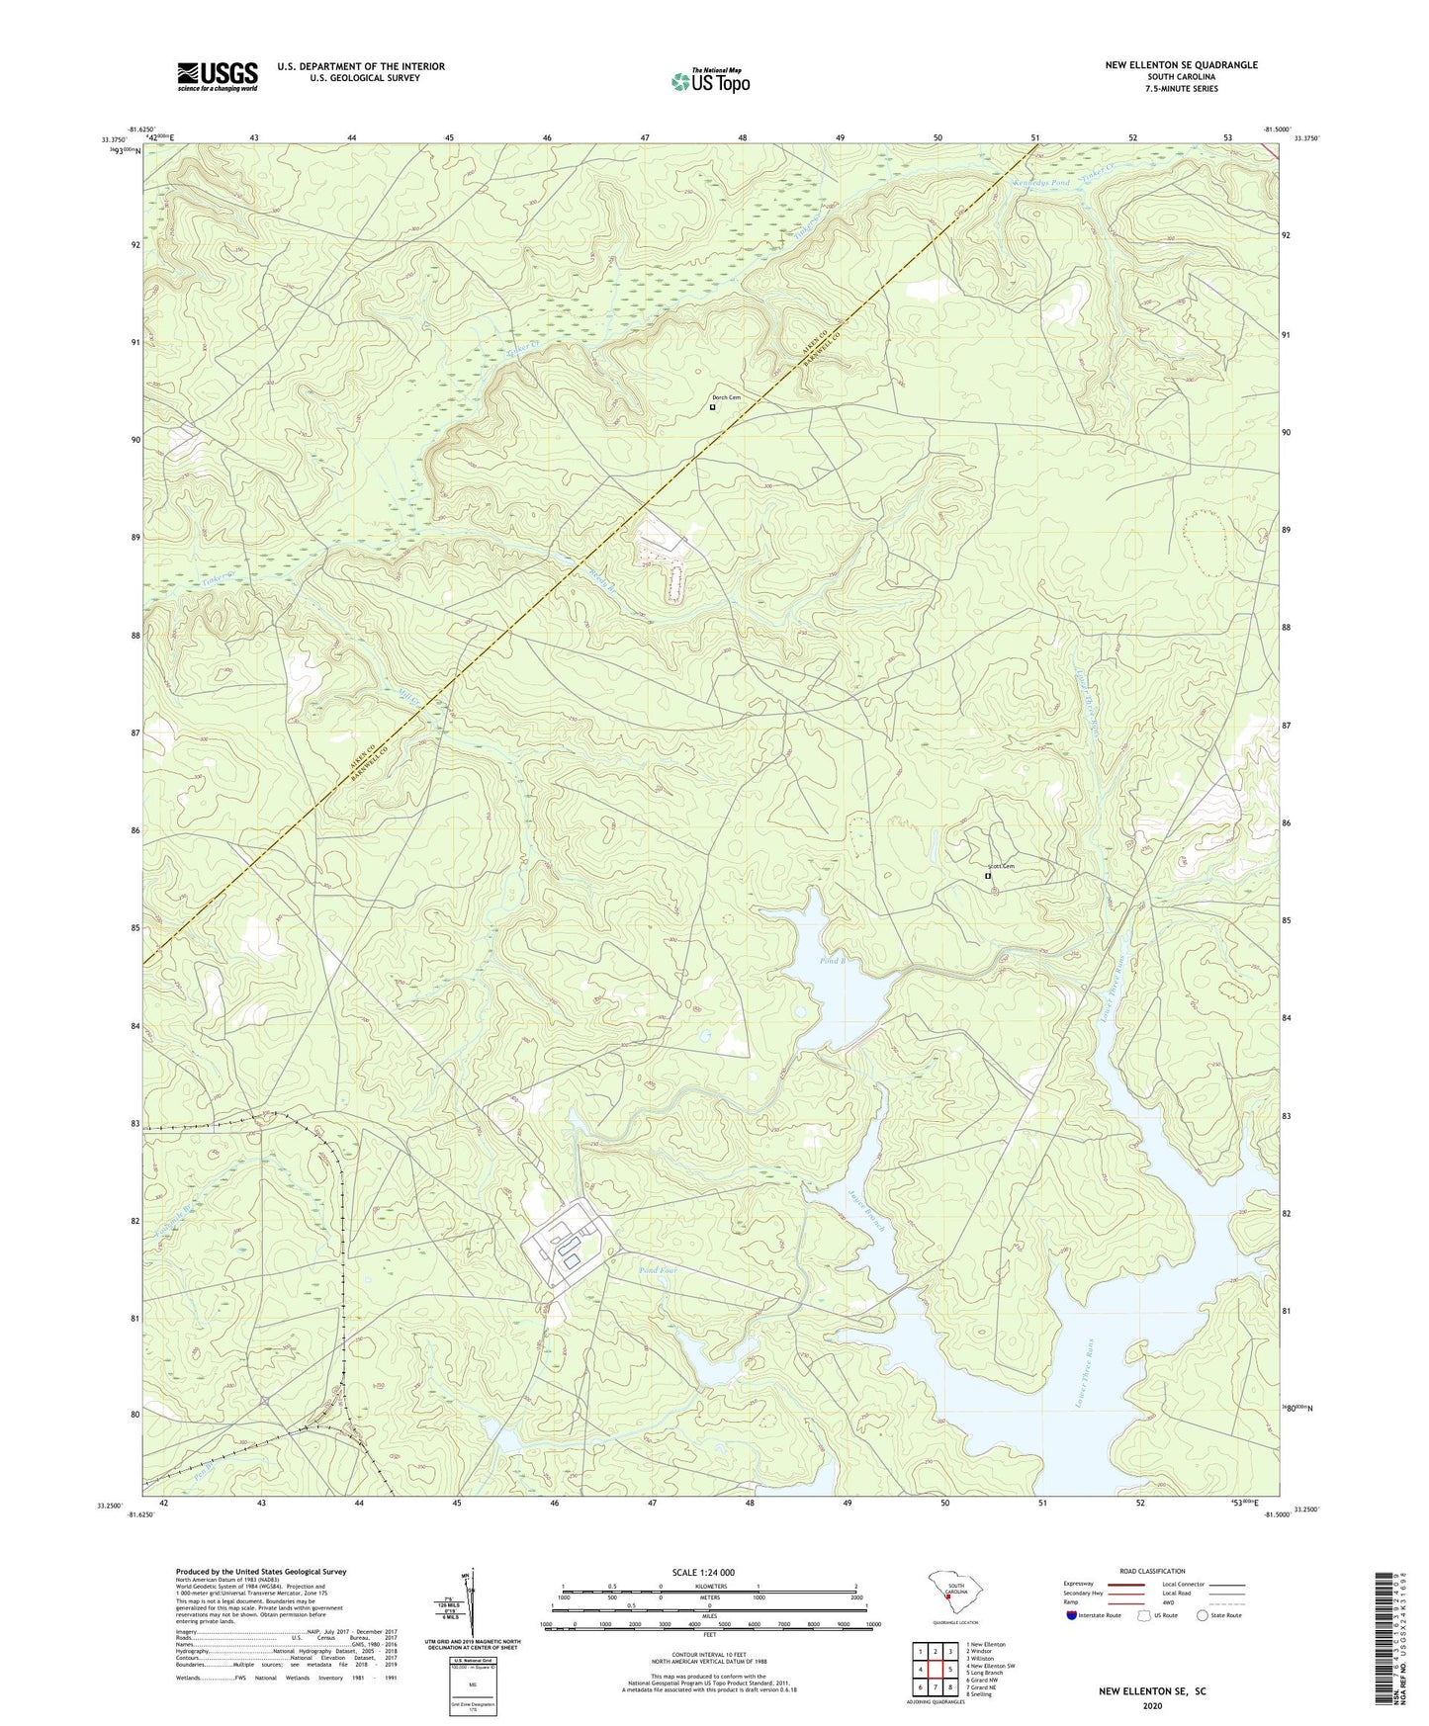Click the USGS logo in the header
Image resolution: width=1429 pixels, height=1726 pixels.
[218, 76]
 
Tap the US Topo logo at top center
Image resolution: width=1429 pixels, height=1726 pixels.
[710, 81]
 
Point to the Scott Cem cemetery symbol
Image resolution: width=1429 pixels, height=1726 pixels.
[987, 876]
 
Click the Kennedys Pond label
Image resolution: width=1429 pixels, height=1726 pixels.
[1041, 184]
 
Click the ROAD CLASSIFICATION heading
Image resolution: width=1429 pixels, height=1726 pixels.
[1152, 1571]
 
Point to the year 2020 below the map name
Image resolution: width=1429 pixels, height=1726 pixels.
[1151, 1705]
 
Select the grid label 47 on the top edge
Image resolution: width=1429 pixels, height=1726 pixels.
[645, 137]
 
